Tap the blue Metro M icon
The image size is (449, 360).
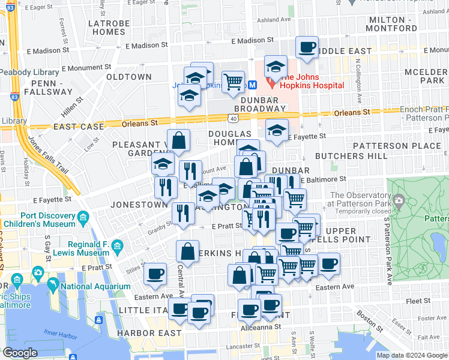[253, 85]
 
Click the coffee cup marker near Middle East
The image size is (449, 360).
[307, 47]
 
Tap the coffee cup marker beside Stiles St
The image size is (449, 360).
[156, 274]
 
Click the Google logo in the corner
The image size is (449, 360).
[20, 353]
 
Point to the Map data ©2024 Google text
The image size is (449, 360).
[412, 355]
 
